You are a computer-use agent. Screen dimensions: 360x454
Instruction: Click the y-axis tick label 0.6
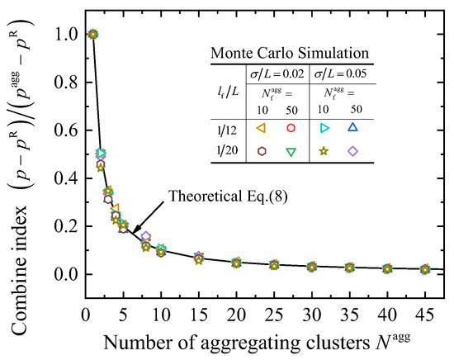tap(62, 130)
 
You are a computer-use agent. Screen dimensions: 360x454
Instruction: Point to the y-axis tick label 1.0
tap(62, 34)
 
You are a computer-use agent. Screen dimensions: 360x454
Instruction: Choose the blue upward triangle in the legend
tap(352, 128)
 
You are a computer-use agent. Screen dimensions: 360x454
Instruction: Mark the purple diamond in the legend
tap(352, 151)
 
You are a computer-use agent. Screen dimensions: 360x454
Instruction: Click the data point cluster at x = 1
tap(92, 34)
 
